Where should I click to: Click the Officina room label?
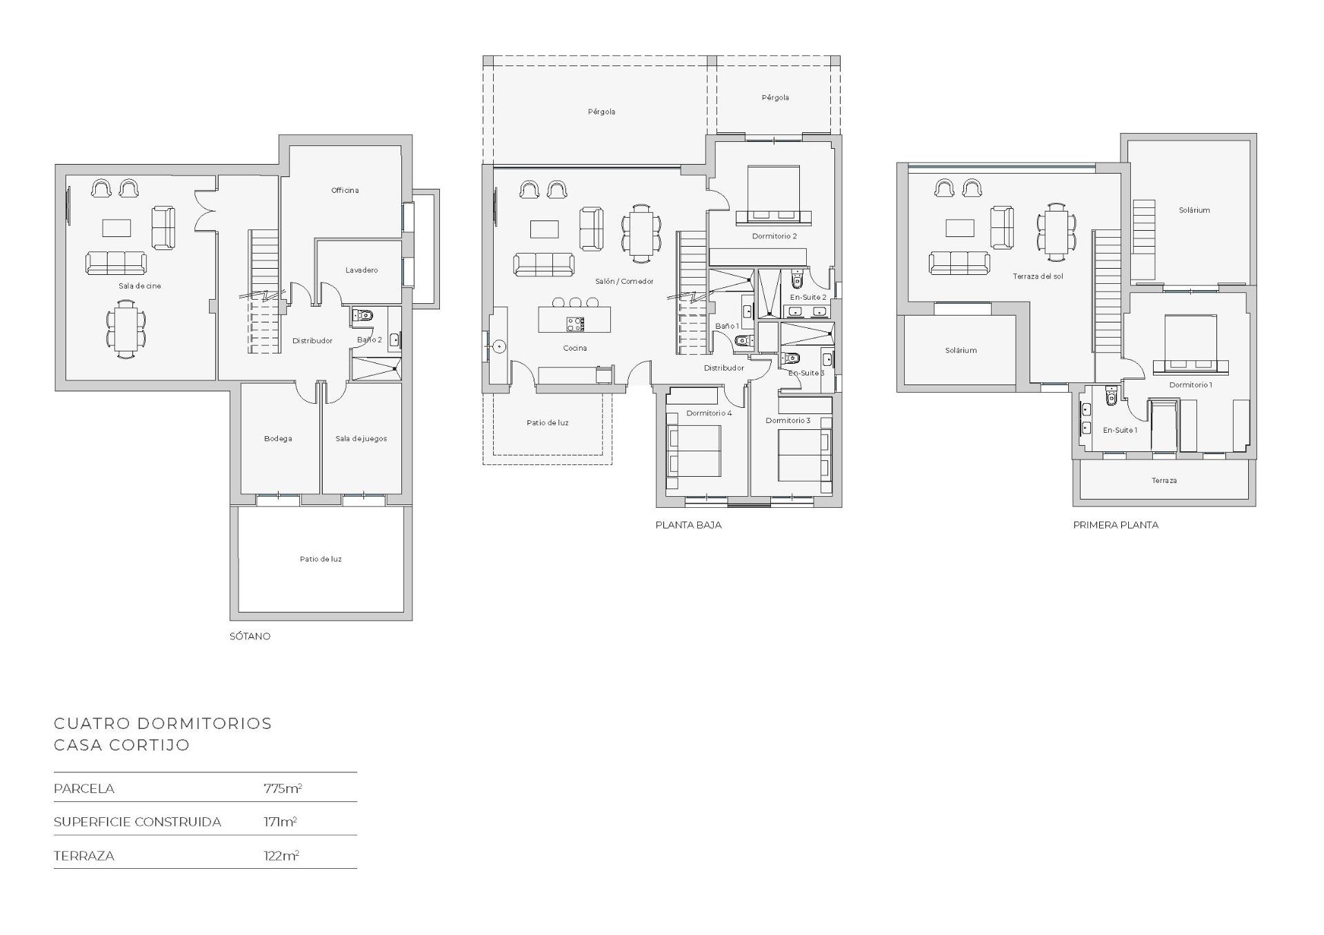click(345, 191)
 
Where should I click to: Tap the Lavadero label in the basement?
click(361, 270)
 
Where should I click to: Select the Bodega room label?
click(278, 439)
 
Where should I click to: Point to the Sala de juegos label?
click(361, 439)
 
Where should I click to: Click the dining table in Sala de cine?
click(126, 329)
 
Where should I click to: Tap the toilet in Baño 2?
click(363, 316)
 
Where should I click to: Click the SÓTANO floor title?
click(250, 636)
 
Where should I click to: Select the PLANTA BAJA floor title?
click(688, 525)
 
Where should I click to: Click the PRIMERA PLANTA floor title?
click(1115, 525)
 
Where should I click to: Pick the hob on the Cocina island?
click(575, 324)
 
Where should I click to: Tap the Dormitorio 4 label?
click(709, 413)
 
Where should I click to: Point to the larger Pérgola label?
click(601, 112)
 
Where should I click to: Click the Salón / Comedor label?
click(624, 281)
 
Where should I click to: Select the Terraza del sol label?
click(1038, 276)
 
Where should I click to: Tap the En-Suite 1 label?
click(1120, 431)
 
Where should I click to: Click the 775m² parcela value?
click(283, 788)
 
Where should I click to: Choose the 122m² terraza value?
click(281, 856)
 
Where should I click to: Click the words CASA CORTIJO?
click(121, 745)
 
